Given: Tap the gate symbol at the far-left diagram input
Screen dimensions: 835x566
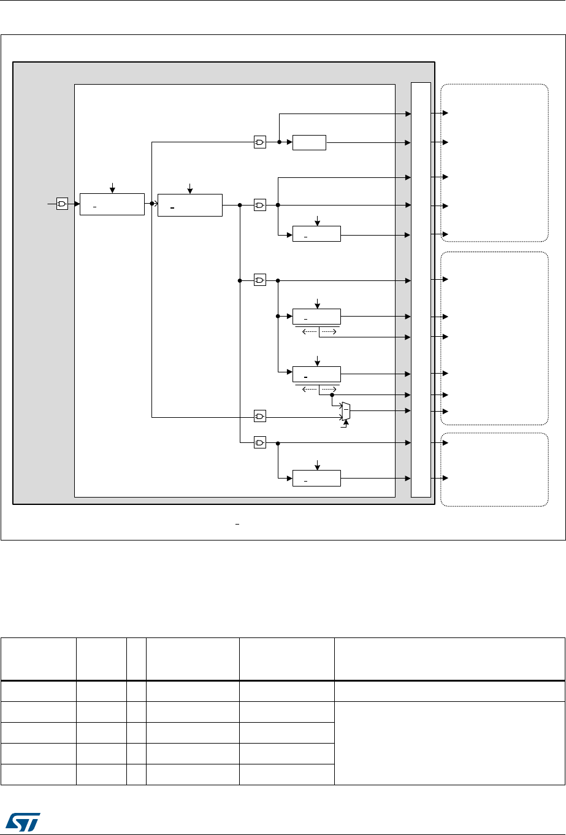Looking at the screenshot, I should coord(62,204).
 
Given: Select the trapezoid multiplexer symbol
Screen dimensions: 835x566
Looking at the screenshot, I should coord(346,411).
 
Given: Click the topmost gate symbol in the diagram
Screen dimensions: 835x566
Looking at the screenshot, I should coord(260,142).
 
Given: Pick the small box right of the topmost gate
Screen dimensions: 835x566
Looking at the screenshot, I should coord(310,142).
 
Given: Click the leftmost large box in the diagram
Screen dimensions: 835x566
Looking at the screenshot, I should coord(112,204).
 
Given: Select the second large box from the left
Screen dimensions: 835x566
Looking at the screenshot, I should coord(189,204).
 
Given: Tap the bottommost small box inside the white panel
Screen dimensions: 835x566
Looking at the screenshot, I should coord(316,477).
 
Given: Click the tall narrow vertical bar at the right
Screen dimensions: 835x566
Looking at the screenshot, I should coord(421,289).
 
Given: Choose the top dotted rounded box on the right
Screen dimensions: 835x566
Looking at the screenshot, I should coord(494,163).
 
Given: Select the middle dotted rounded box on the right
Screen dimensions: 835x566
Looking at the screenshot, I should coord(494,338).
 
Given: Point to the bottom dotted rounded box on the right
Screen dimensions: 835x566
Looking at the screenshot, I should coord(494,470).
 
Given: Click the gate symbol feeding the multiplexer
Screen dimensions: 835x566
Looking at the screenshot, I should coord(260,417).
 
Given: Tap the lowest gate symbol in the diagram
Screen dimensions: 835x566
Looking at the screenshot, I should coord(260,442).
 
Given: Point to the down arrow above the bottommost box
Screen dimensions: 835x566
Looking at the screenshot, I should coord(317,464).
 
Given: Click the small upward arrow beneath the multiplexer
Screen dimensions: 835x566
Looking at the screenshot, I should coord(346,423).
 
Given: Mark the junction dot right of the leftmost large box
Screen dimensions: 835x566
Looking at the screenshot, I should coord(151,204).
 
